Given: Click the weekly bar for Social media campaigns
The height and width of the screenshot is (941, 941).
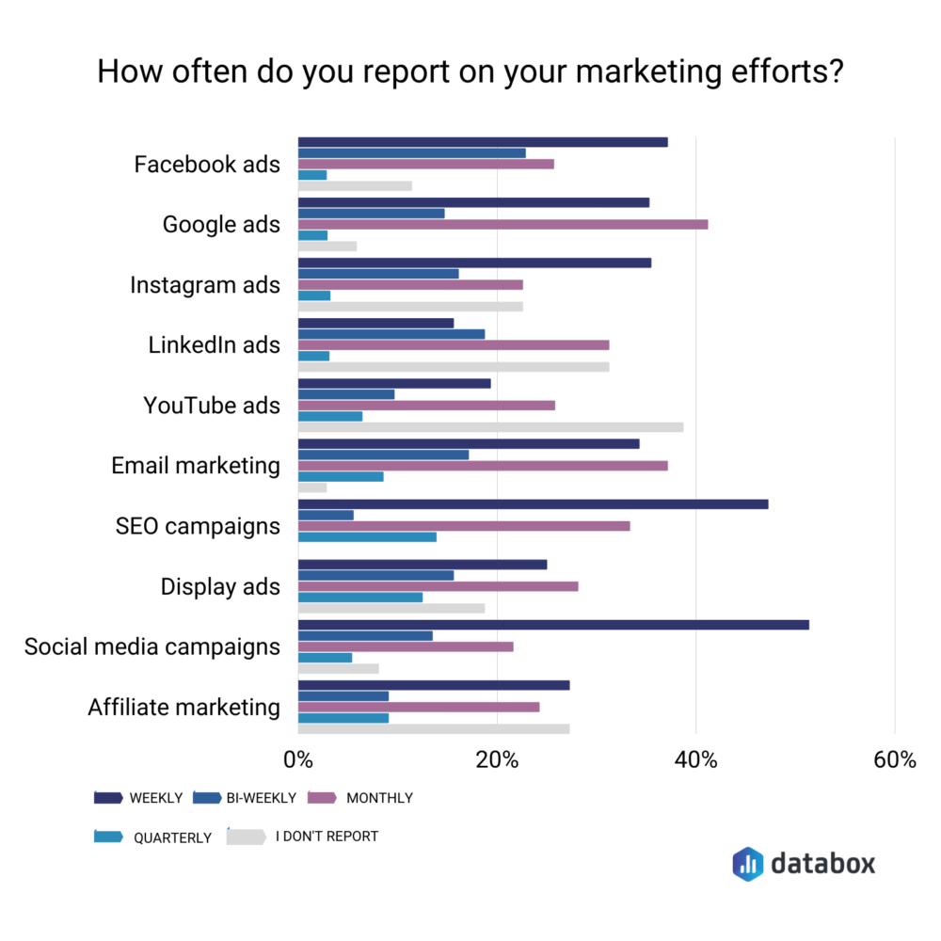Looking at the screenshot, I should click(x=553, y=625).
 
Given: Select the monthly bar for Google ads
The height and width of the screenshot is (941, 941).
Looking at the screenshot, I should click(x=502, y=224).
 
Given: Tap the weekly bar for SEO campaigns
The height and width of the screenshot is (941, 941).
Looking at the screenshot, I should click(x=533, y=504).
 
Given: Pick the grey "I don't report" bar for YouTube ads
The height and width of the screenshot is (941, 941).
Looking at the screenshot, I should click(x=490, y=427).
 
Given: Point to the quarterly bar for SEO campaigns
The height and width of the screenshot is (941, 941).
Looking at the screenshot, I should click(x=367, y=537).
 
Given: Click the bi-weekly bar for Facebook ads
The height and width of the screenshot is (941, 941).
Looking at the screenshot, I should click(x=411, y=153).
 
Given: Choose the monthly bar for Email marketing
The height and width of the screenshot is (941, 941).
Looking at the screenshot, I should click(x=483, y=465).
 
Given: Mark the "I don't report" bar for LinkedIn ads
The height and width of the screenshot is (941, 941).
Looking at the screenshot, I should click(x=454, y=367).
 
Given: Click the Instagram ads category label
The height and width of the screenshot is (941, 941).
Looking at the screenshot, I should click(x=205, y=284).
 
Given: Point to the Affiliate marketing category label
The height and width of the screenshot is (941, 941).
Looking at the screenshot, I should click(x=183, y=707).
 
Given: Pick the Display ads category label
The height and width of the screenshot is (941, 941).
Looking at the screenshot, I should click(x=220, y=586).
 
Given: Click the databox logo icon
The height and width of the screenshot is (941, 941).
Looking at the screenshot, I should click(x=747, y=863).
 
